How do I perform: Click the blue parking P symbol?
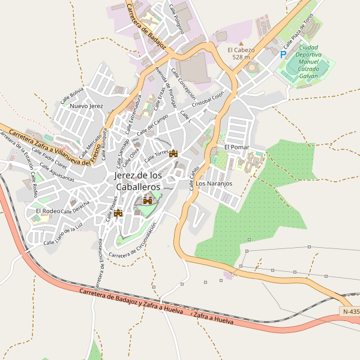click(x=283, y=54)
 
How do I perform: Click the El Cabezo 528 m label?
click(x=241, y=53)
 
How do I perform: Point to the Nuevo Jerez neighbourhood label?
click(x=86, y=106)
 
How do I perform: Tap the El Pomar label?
click(x=236, y=147)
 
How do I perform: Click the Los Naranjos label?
click(x=214, y=184)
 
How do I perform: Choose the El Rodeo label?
click(x=47, y=211)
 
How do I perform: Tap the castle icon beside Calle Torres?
click(x=174, y=154)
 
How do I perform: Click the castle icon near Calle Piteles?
click(x=118, y=212)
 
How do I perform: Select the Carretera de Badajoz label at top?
click(x=142, y=22)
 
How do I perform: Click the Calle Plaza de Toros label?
click(x=298, y=31)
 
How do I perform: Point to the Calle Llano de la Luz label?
click(x=62, y=235)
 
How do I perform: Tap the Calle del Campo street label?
click(x=152, y=124)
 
